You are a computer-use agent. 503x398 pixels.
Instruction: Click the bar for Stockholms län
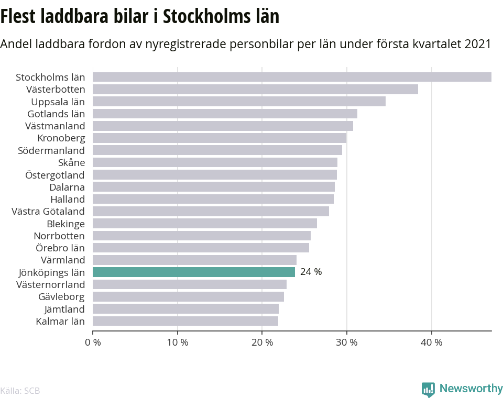(x=292, y=77)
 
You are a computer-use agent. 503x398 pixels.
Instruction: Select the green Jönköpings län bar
(x=194, y=272)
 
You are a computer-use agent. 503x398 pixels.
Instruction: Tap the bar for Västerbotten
(x=255, y=89)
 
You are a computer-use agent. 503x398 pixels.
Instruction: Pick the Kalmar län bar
(x=185, y=320)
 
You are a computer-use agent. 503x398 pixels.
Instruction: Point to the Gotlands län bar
(x=225, y=114)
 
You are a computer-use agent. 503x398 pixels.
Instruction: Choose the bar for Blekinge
(x=205, y=223)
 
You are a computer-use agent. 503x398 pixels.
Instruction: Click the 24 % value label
(x=311, y=272)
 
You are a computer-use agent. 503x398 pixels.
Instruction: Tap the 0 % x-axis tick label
(x=93, y=342)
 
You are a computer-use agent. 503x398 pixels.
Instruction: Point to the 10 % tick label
(x=178, y=342)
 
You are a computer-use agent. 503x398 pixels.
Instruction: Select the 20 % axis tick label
(x=263, y=342)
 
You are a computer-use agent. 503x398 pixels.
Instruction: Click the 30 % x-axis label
(x=347, y=342)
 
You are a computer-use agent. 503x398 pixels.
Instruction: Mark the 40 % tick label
(x=432, y=342)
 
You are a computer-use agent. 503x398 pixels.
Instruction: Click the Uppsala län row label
(x=58, y=102)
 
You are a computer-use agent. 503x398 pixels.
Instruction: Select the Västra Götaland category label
(x=48, y=211)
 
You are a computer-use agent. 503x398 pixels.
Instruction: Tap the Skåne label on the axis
(x=72, y=162)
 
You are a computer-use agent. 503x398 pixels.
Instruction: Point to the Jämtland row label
(x=64, y=308)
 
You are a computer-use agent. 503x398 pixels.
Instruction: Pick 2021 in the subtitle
(x=477, y=44)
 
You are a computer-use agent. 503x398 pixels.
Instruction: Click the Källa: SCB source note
(x=20, y=391)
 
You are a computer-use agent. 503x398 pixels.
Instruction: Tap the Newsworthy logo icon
(x=428, y=389)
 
